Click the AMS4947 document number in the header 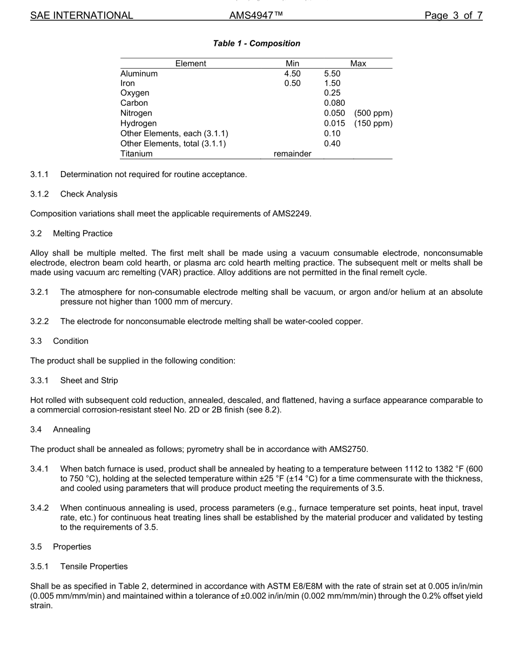point(256,16)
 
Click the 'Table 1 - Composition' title point(256,43)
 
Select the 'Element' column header point(191,64)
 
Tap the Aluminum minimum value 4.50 point(292,73)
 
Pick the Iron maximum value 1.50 point(332,83)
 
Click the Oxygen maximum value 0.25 point(332,93)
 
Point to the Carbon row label point(134,103)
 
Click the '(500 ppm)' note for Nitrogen point(373,113)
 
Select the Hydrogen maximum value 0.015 point(334,123)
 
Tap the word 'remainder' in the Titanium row point(292,154)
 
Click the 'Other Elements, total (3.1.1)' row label point(173,144)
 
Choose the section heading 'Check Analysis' point(89,194)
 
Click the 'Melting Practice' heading point(83,233)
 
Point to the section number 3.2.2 point(39,321)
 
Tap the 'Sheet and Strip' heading point(89,380)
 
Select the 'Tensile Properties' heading point(94,566)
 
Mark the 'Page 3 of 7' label point(453,16)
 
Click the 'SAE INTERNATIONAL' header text point(82,16)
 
